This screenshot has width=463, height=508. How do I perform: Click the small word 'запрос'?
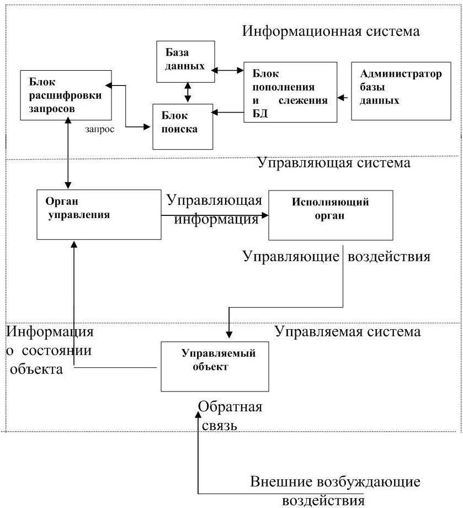click(x=100, y=129)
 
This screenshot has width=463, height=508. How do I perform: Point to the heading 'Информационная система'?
click(x=331, y=31)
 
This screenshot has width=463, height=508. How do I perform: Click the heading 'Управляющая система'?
click(x=334, y=163)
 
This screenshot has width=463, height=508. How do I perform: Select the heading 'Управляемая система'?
click(x=348, y=331)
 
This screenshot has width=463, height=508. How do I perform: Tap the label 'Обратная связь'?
click(x=230, y=416)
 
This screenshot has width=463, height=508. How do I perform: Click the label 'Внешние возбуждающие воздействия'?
click(x=335, y=491)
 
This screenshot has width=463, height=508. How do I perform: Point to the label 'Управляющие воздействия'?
click(x=337, y=256)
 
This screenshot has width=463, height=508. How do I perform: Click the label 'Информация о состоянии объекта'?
click(x=50, y=350)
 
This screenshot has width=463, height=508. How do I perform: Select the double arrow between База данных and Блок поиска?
click(x=188, y=93)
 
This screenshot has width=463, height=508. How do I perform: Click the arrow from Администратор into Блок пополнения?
click(x=343, y=97)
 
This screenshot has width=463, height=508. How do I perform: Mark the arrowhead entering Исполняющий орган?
click(x=265, y=215)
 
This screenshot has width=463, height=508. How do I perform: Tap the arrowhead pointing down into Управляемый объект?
click(x=229, y=335)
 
